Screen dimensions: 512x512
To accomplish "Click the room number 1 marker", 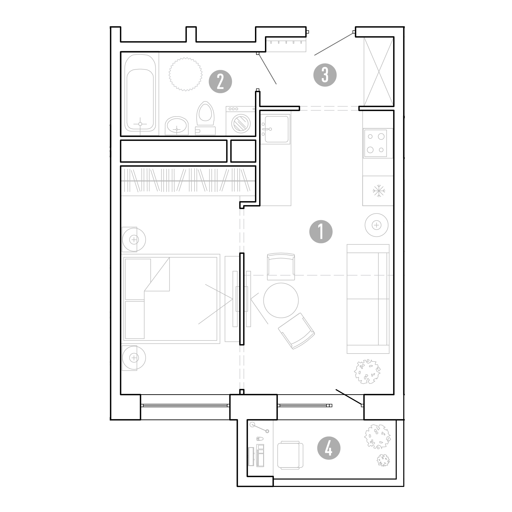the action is click(x=321, y=232).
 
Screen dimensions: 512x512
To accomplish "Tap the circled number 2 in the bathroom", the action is click(x=220, y=81).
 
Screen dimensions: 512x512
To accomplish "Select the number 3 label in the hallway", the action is click(x=325, y=75).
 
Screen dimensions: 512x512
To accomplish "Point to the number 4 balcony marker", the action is click(x=329, y=448).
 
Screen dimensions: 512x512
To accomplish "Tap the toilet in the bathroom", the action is click(x=205, y=118).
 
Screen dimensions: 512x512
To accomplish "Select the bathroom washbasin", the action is click(x=176, y=126).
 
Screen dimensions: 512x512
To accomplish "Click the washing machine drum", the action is click(x=241, y=123).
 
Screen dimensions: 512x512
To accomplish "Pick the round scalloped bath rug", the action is click(x=186, y=74).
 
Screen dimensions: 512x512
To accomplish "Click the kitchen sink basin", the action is click(x=277, y=129).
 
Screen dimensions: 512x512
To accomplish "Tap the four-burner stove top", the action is click(x=375, y=143).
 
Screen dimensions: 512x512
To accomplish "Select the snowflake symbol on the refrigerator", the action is click(x=379, y=190).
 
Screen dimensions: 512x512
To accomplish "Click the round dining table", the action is click(x=281, y=300).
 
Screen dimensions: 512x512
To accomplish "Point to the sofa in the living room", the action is click(x=368, y=299).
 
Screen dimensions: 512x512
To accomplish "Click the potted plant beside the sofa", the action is click(x=367, y=371).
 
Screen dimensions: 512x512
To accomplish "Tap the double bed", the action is click(x=171, y=299).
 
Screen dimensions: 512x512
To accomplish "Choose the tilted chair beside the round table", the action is click(x=296, y=331).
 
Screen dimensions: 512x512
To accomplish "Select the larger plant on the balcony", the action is click(x=377, y=436).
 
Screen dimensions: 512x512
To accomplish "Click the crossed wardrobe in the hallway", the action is click(x=378, y=72).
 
